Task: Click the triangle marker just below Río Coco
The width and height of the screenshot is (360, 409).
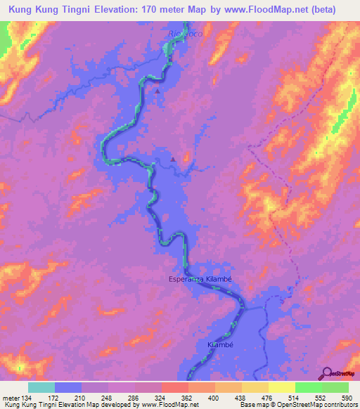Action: click(x=157, y=90)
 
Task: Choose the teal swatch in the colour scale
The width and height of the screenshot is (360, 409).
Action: click(x=41, y=387)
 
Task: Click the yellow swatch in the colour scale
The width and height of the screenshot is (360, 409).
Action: click(x=282, y=387)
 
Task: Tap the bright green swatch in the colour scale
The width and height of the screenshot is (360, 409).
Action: click(x=309, y=387)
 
